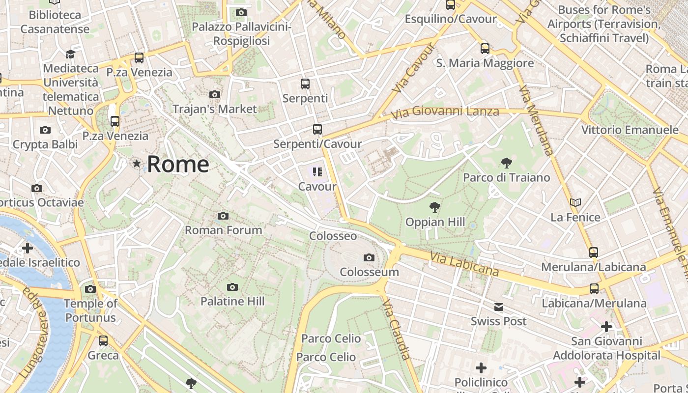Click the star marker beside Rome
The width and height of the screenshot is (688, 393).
click(137, 163)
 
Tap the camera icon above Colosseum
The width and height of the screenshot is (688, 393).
click(369, 257)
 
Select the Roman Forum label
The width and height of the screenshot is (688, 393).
click(223, 230)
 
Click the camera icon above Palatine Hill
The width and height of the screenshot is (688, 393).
click(232, 287)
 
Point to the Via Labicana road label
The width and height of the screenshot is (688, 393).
click(464, 264)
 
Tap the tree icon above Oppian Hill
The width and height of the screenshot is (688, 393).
click(434, 207)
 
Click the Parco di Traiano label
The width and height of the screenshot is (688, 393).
click(507, 177)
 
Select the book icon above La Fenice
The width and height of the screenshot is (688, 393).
click(575, 202)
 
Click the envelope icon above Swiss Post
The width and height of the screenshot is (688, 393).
click(499, 307)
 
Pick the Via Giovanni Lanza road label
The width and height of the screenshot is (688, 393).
click(445, 112)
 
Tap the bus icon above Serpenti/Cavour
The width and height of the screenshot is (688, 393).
click(317, 129)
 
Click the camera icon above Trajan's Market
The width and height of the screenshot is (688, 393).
click(215, 94)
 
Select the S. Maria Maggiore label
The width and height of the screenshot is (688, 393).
click(485, 63)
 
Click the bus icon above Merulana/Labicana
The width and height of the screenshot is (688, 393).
click(594, 253)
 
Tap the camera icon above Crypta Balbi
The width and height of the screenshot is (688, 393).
click(45, 130)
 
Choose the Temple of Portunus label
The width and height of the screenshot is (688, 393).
click(91, 310)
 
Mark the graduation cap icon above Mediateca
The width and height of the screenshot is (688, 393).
click(71, 54)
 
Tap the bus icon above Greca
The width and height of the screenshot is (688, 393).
click(103, 340)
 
